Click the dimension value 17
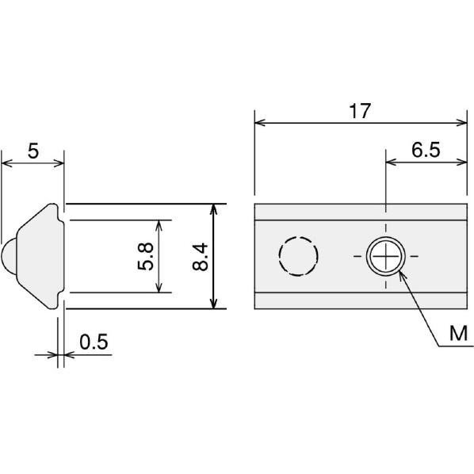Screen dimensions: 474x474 [360, 111]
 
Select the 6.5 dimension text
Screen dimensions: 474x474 [426, 150]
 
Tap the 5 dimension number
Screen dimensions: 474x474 [33, 151]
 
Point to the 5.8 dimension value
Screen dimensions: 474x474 [146, 256]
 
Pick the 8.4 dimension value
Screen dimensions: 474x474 [200, 256]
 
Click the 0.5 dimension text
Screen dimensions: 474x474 [94, 342]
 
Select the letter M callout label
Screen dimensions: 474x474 [458, 334]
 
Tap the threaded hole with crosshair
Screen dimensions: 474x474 [386, 256]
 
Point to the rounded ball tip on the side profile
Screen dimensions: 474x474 [9, 256]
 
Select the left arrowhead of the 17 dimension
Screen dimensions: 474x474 [260, 123]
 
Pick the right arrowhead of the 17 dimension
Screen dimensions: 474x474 [461, 123]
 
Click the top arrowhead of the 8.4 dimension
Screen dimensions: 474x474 [214, 209]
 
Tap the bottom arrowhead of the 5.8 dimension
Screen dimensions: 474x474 [159, 287]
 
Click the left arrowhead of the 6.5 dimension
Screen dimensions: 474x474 [392, 162]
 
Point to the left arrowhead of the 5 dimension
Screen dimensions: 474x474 [7, 163]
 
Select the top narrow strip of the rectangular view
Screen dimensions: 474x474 [361, 212]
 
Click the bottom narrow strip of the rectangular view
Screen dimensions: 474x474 [361, 300]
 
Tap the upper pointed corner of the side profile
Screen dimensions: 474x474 [53, 204]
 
